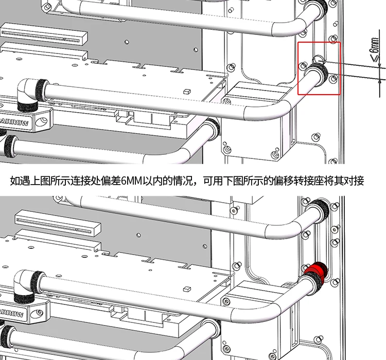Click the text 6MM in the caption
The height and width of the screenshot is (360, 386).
point(132,181)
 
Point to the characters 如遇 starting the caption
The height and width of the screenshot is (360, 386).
point(20,181)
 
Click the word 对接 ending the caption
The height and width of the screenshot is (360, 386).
point(354,181)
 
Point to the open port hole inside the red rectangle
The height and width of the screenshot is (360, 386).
point(319,59)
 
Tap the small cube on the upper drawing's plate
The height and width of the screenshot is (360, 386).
point(187,92)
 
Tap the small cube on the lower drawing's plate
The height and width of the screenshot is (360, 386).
point(187,289)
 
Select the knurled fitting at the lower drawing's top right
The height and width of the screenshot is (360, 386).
point(318,210)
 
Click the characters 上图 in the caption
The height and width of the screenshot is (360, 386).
point(40,181)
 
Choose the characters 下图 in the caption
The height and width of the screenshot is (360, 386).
point(233,181)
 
